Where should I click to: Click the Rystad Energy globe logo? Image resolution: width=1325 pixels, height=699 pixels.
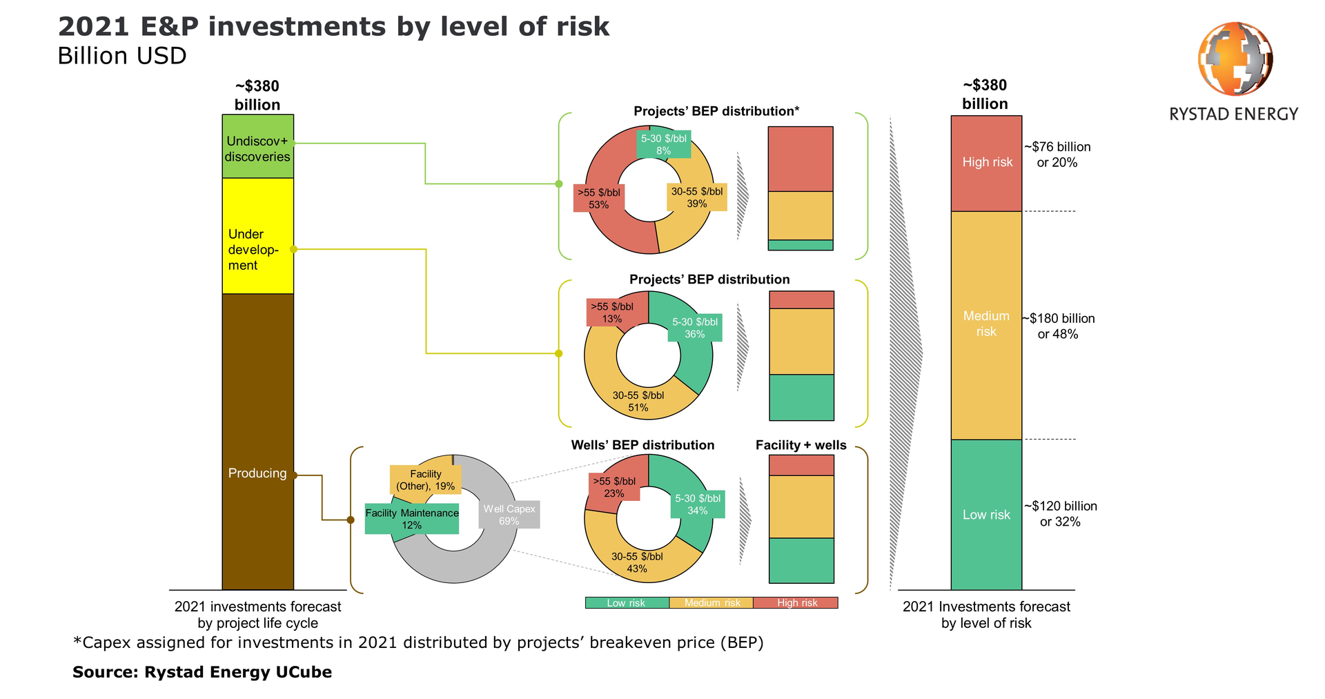tap(1235, 59)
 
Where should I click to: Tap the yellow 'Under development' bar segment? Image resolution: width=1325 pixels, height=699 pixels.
tap(257, 236)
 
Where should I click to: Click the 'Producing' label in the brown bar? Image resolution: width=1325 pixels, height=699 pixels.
tap(257, 473)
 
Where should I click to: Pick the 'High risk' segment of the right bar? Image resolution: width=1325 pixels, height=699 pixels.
tap(986, 163)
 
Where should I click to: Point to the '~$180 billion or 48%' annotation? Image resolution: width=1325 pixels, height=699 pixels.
tap(1059, 326)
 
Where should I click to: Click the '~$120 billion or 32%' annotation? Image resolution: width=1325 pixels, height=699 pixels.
tap(1061, 514)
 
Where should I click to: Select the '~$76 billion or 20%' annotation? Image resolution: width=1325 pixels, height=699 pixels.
tap(1057, 155)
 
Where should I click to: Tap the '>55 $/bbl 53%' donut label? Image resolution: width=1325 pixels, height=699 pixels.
tap(599, 199)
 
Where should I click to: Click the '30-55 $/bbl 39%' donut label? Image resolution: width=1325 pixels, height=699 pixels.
tap(697, 197)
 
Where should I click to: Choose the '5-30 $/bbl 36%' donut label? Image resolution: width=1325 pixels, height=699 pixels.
tap(695, 328)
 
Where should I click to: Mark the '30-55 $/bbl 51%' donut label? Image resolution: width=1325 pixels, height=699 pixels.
tap(638, 402)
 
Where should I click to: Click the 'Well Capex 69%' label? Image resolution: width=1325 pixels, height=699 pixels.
tap(509, 515)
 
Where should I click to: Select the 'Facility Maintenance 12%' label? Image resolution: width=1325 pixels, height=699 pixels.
tap(412, 519)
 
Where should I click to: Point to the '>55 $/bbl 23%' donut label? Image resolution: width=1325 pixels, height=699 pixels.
tap(614, 487)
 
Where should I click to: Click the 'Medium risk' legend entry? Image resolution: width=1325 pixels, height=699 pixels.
tap(711, 603)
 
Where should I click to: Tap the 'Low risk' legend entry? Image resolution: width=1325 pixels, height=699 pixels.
tap(627, 603)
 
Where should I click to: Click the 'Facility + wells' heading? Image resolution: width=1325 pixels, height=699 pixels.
tap(801, 445)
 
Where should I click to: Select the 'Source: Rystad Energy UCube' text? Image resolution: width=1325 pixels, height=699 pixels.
tap(202, 672)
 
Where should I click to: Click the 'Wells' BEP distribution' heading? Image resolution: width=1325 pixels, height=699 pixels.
tap(642, 445)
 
